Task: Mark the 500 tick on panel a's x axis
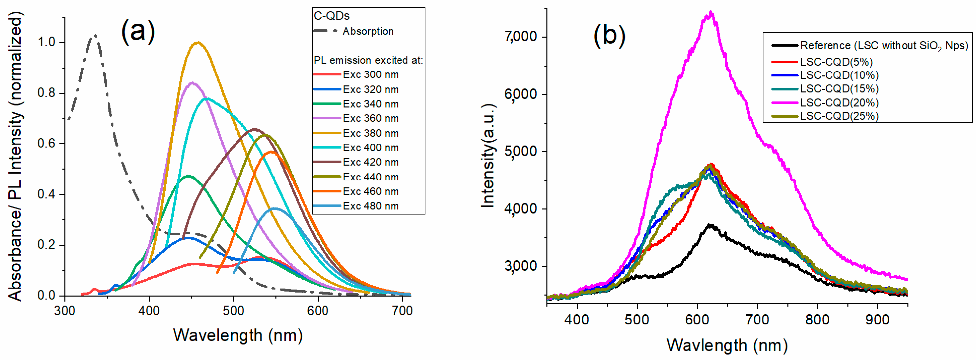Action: coord(233,311)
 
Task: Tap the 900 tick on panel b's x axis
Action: coord(877,320)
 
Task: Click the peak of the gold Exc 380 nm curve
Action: coord(198,42)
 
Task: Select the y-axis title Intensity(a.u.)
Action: coord(488,155)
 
